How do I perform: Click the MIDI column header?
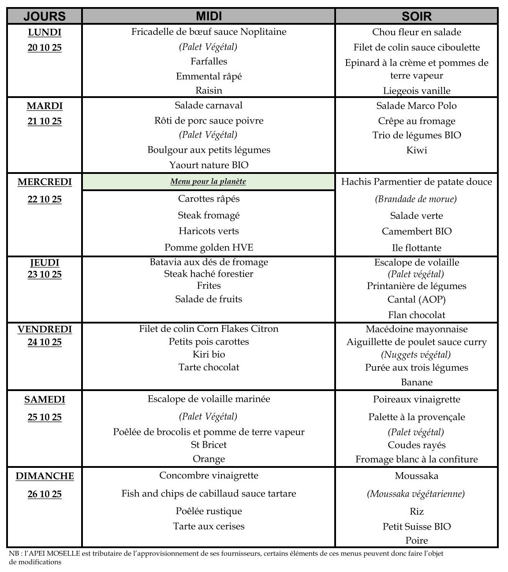coord(209,16)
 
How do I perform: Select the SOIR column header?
coord(416,16)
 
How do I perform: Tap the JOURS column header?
coord(45,16)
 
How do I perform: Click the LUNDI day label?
coord(45,32)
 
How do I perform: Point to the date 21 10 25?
coord(45,121)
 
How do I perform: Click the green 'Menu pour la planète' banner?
coord(208,182)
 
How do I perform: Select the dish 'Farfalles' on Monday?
coord(209,61)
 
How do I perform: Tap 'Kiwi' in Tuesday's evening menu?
coord(416,150)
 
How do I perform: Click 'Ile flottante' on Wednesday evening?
coord(416,248)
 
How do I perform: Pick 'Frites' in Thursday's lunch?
coord(209,286)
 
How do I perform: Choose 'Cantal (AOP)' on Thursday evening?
coord(416,300)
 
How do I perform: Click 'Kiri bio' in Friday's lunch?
coord(209,354)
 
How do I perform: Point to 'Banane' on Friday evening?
coord(416,382)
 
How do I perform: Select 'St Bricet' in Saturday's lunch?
coord(209,445)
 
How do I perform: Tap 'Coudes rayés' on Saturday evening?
coord(416,445)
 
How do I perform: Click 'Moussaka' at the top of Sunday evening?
coord(416,476)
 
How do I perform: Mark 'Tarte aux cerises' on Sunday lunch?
coord(209,526)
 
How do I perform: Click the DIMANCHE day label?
coord(45,476)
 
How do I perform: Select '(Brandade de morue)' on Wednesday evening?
coord(416,199)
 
